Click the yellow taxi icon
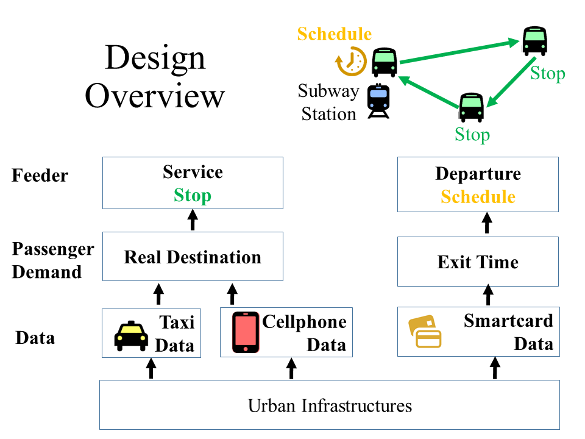click(132, 337)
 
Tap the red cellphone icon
click(246, 332)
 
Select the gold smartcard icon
click(425, 332)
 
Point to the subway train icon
click(378, 101)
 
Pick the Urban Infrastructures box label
click(330, 405)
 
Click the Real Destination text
click(193, 257)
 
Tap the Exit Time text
click(478, 262)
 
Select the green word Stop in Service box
click(193, 196)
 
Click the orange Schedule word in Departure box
click(478, 197)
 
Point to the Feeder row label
click(40, 176)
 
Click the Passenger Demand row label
click(53, 260)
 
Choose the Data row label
click(35, 337)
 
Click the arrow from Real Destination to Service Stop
click(193, 220)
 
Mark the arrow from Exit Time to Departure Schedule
click(487, 223)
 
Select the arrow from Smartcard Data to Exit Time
click(487, 296)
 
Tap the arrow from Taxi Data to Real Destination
click(159, 294)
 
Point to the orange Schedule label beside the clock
click(334, 34)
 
